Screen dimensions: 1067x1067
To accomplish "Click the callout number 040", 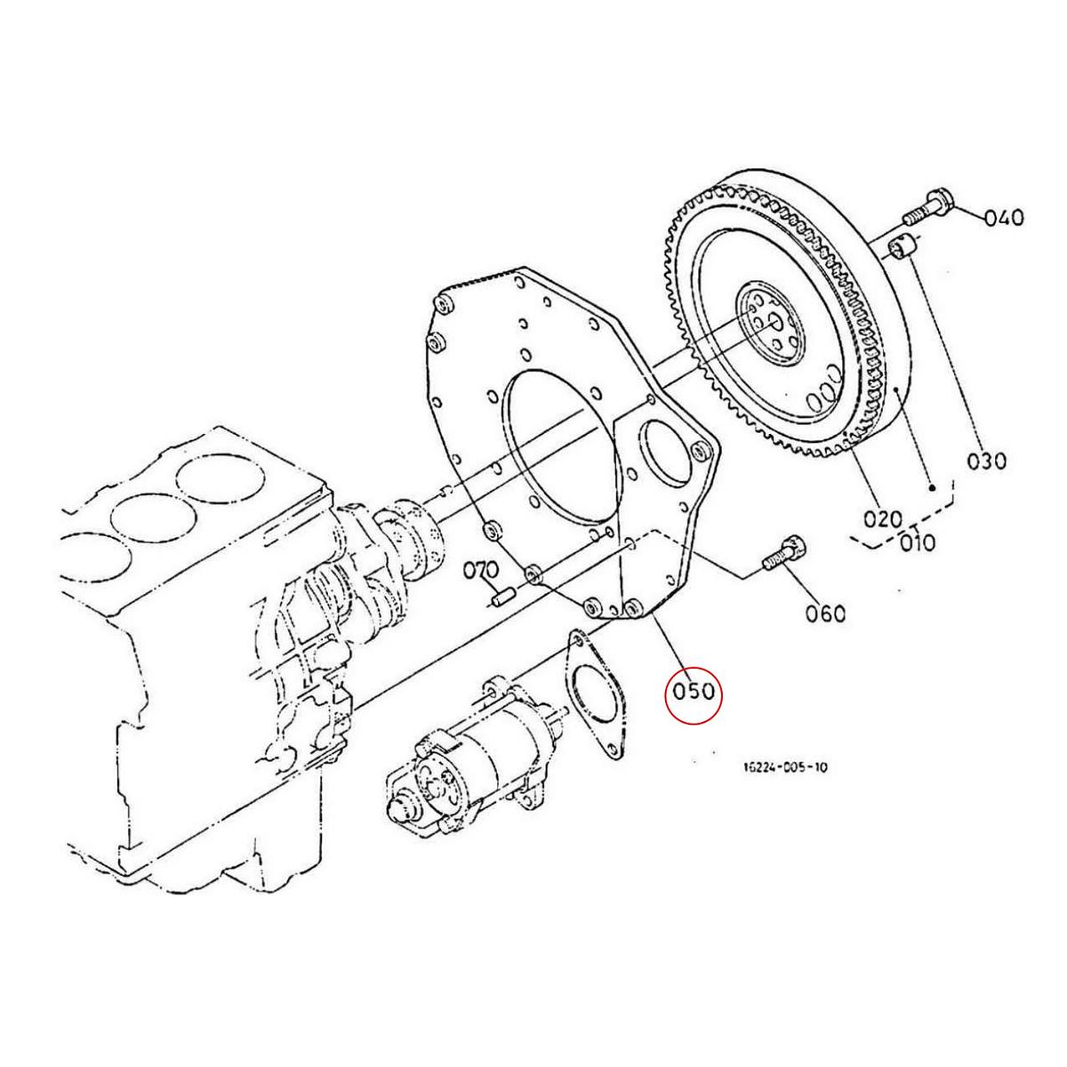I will (1004, 217).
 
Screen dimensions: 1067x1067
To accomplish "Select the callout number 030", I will (987, 461).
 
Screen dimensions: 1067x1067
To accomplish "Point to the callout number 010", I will (916, 542).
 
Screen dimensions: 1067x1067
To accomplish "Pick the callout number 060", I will (825, 613).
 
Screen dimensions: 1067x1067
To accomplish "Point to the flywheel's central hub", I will (771, 325).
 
